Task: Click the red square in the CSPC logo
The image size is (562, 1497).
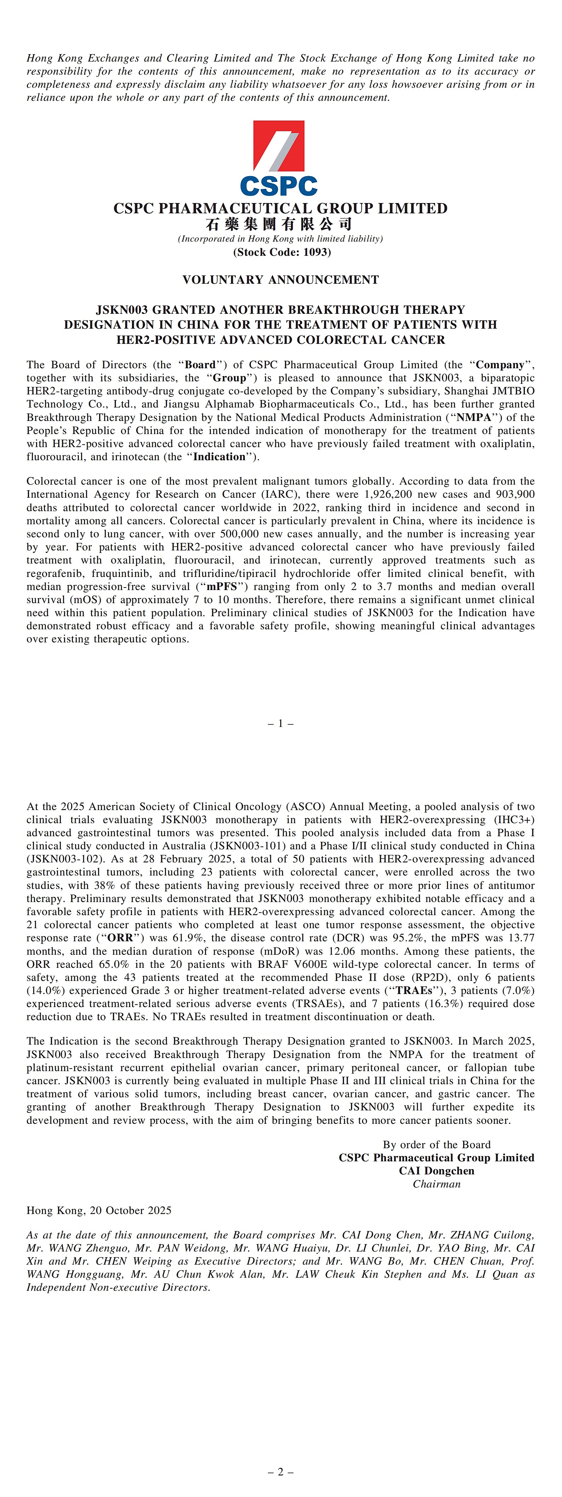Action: tap(279, 145)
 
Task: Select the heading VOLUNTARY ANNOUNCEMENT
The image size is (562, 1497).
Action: tap(280, 279)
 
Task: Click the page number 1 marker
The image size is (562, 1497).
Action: tap(280, 723)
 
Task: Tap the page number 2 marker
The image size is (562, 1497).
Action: tap(280, 1472)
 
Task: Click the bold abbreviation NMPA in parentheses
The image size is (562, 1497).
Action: tap(473, 417)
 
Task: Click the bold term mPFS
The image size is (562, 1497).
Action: tap(222, 586)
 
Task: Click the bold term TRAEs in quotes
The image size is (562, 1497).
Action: tap(414, 990)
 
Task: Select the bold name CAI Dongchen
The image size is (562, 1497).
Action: tap(436, 1171)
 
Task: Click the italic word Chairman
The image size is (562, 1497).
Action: tap(436, 1184)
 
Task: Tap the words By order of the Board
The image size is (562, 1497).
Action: tap(436, 1144)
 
